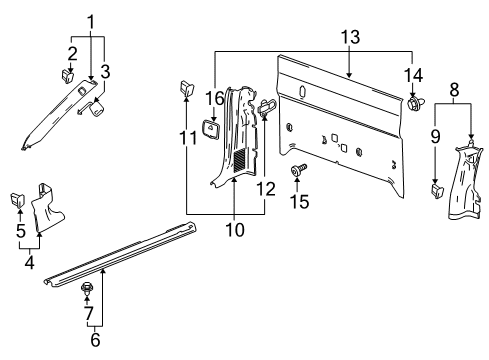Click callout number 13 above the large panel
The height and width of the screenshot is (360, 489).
tap(350, 37)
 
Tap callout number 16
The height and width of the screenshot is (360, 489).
tap(214, 98)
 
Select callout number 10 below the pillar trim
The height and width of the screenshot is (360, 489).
tap(235, 230)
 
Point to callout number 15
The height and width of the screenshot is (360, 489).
tap(300, 201)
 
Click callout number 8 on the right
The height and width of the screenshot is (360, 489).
tap(454, 89)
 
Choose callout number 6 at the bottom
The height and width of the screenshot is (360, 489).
tap(95, 339)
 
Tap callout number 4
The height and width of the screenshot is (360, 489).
tap(30, 262)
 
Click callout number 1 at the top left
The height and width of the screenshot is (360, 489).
tap(91, 22)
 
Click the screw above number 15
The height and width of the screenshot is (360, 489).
tap(299, 169)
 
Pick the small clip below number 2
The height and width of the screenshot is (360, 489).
tap(67, 77)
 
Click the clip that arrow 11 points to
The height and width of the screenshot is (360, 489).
tap(187, 88)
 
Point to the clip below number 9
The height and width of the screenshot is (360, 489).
tap(438, 190)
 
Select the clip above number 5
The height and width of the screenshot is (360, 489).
tap(17, 199)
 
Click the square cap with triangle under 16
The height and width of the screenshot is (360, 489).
tap(211, 129)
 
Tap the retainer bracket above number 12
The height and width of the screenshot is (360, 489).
tap(267, 106)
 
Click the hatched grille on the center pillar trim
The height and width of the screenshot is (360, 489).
tap(240, 160)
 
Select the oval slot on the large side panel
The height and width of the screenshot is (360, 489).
tap(302, 92)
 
